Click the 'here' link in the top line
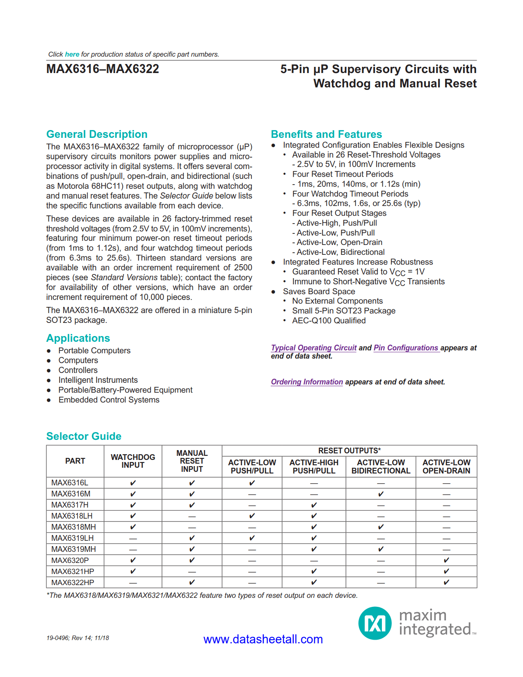point(72,54)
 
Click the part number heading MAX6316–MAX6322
point(103,69)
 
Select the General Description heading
point(97,134)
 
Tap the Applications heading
point(78,338)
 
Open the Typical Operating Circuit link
point(314,348)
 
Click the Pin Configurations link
point(406,348)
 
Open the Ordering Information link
point(307,382)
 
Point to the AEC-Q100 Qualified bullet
point(329,320)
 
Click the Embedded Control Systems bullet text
point(109,400)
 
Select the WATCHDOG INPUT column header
point(133,461)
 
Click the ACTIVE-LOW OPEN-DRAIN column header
point(446,467)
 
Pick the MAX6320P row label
point(70,560)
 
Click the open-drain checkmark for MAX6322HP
point(446,582)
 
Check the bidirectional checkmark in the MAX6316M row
point(381,494)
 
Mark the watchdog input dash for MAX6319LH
point(133,538)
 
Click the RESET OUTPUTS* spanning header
point(349,451)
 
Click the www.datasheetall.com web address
point(263,639)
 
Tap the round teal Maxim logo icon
point(375,623)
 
